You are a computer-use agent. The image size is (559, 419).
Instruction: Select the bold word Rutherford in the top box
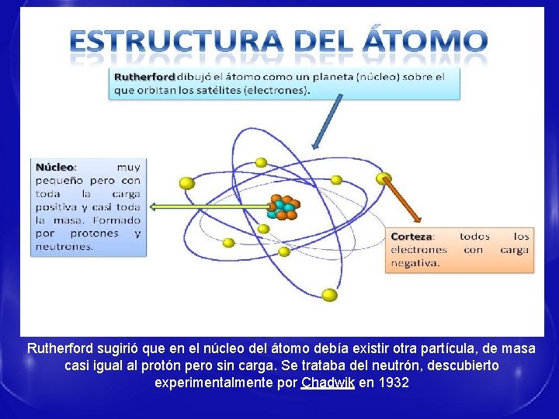145,77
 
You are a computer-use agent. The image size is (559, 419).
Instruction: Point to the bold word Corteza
412,236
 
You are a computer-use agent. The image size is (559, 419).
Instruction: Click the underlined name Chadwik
328,383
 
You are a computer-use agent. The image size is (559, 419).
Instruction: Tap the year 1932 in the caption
394,383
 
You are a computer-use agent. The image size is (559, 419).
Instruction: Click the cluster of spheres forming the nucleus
281,208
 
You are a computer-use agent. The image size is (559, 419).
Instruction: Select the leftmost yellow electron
186,183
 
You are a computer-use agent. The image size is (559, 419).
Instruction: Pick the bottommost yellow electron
329,295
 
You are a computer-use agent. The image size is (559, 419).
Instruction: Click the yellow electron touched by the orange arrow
382,179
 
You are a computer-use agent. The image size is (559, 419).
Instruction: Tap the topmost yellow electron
262,163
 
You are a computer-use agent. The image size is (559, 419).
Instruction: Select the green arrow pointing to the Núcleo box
210,207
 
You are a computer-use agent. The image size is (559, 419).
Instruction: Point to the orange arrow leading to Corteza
404,202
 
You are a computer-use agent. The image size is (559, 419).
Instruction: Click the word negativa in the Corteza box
415,263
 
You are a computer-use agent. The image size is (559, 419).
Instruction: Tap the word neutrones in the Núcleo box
64,246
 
